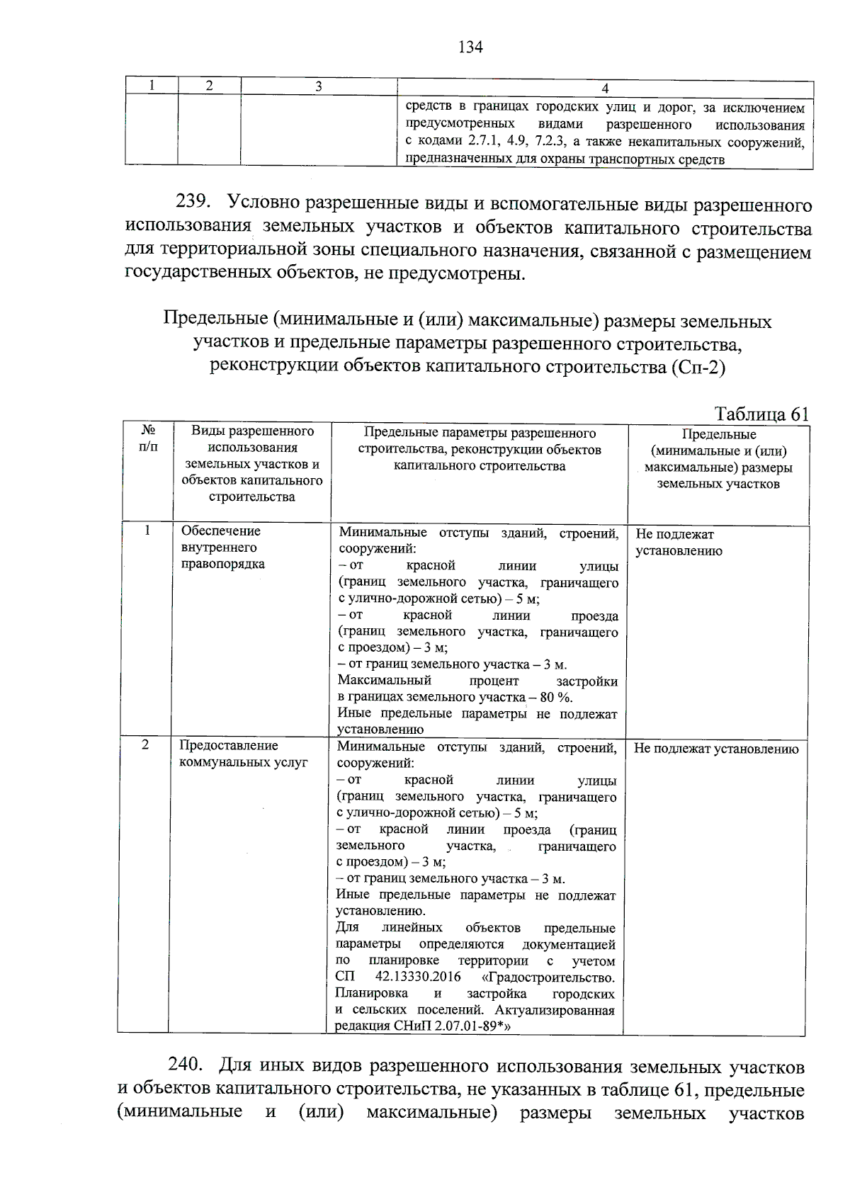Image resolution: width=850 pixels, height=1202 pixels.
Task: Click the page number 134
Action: (x=470, y=47)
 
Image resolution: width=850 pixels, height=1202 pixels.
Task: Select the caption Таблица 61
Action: (x=761, y=414)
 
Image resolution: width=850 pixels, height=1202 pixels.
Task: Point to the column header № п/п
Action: (x=148, y=438)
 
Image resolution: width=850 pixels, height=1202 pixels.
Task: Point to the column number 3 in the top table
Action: (x=319, y=86)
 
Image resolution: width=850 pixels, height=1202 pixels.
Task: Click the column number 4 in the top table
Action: (x=604, y=89)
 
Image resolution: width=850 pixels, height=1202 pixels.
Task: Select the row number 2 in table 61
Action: (x=145, y=745)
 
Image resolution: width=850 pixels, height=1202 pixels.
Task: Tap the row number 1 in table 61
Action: (x=147, y=531)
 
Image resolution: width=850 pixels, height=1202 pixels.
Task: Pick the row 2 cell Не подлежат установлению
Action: (x=715, y=749)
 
